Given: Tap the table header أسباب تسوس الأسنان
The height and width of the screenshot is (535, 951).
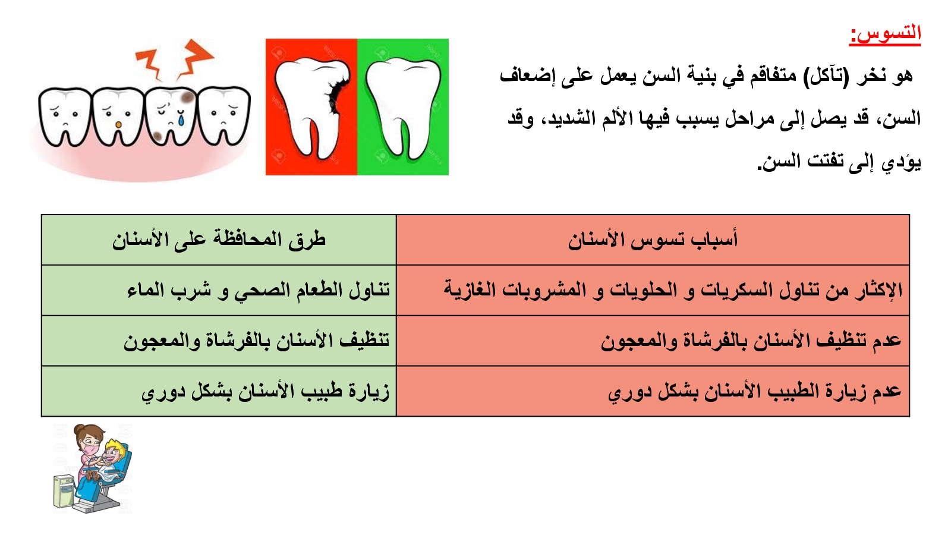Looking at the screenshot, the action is (x=653, y=240).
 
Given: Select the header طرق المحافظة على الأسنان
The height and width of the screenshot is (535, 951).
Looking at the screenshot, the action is (x=219, y=240).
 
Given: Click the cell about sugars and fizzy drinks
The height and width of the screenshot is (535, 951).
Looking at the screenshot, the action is (x=673, y=291).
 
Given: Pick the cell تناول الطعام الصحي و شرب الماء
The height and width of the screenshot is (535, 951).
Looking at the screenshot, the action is (x=259, y=291).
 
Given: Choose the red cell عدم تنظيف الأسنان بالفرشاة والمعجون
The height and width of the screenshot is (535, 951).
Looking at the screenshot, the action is (x=751, y=341).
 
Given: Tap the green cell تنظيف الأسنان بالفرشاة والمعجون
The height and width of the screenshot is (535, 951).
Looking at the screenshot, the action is (x=257, y=341).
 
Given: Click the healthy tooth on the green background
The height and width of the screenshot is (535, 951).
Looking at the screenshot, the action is (x=402, y=107).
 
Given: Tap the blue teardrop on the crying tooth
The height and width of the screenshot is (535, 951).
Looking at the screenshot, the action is (x=181, y=119).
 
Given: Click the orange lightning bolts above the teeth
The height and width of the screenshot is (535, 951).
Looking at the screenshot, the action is (x=174, y=60).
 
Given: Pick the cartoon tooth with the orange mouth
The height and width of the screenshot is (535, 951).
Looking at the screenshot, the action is (x=118, y=117).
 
